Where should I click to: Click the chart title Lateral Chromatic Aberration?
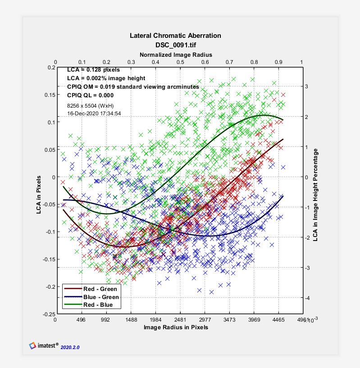175,36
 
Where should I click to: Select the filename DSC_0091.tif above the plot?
175,45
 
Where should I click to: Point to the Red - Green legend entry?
100,289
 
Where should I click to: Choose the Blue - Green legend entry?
101,297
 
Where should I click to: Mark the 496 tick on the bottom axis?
82,320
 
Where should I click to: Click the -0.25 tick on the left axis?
46,314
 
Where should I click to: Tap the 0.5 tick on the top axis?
180,62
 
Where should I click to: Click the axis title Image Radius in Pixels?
176,327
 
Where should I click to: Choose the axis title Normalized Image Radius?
176,55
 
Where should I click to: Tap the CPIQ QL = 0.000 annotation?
90,95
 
